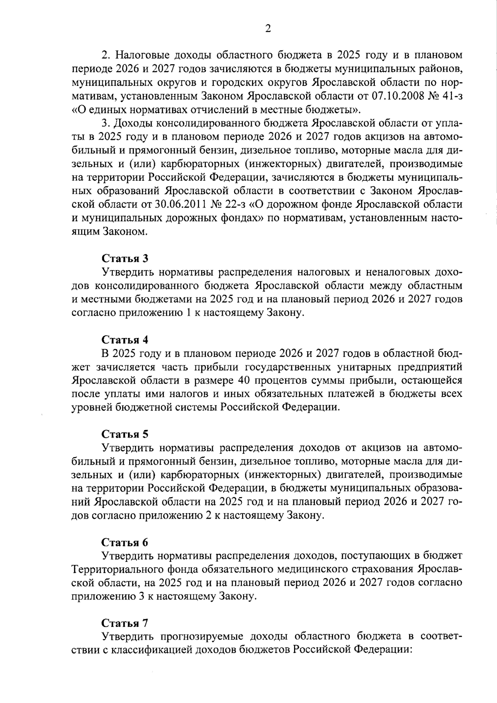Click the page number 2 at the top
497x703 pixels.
(x=268, y=28)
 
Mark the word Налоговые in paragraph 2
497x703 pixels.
(x=140, y=56)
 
